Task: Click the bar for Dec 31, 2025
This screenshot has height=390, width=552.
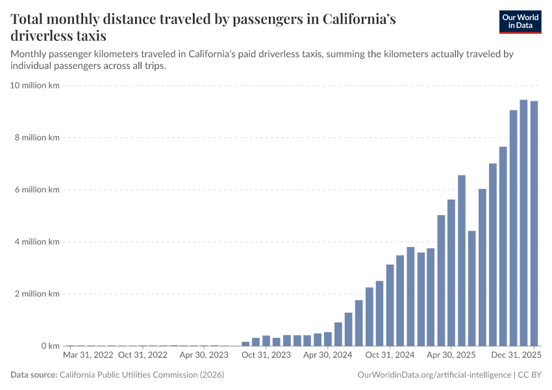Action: pyautogui.click(x=534, y=224)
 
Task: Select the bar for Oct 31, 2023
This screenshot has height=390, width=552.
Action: pyautogui.click(x=266, y=341)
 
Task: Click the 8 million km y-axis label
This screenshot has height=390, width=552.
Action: pyautogui.click(x=38, y=138)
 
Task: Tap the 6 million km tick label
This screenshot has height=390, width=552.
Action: pyautogui.click(x=38, y=190)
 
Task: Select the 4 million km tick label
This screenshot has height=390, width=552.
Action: pyautogui.click(x=38, y=242)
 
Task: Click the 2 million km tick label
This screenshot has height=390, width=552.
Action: pyautogui.click(x=38, y=294)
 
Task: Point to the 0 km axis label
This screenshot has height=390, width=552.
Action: pyautogui.click(x=50, y=346)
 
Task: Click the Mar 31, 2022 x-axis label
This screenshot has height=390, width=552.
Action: pyautogui.click(x=88, y=356)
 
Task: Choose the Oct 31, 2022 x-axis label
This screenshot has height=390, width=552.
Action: pyautogui.click(x=142, y=356)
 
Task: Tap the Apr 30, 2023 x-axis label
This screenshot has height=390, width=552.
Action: pyautogui.click(x=204, y=356)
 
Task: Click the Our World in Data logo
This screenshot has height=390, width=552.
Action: pyautogui.click(x=520, y=21)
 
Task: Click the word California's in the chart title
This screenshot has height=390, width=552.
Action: pyautogui.click(x=351, y=19)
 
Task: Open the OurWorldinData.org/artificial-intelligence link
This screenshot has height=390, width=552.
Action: pyautogui.click(x=434, y=375)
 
